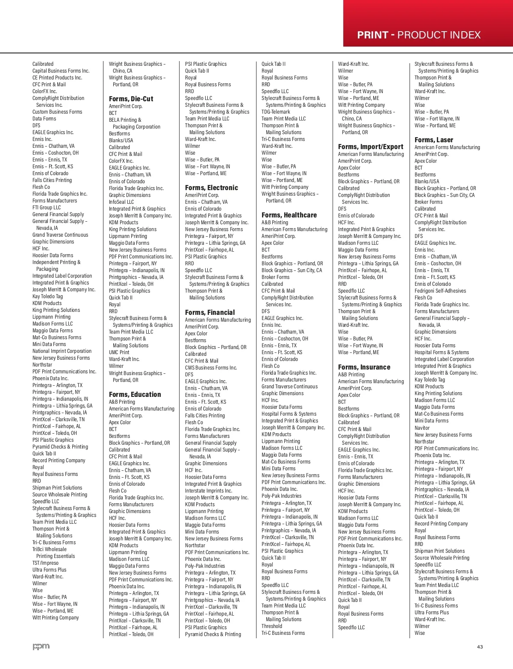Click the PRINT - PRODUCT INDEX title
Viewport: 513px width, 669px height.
[419, 35]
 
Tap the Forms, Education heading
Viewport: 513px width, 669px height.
[135, 394]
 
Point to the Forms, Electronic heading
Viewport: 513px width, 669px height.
[211, 188]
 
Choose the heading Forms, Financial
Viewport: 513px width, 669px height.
[210, 312]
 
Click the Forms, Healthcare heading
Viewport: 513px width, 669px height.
[289, 215]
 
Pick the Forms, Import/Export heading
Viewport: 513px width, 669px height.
[370, 147]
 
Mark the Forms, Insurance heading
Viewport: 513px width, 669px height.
[364, 367]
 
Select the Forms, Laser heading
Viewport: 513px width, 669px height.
[433, 140]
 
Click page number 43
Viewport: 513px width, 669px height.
[480, 647]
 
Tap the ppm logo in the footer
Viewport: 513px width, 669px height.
[41, 646]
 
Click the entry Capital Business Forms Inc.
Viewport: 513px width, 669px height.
[61, 71]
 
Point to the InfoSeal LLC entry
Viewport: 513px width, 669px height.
[121, 202]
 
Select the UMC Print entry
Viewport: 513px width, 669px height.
[119, 352]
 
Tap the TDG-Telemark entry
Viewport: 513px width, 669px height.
[275, 112]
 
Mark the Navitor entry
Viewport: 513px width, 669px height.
[422, 428]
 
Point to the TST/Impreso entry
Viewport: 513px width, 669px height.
[45, 563]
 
